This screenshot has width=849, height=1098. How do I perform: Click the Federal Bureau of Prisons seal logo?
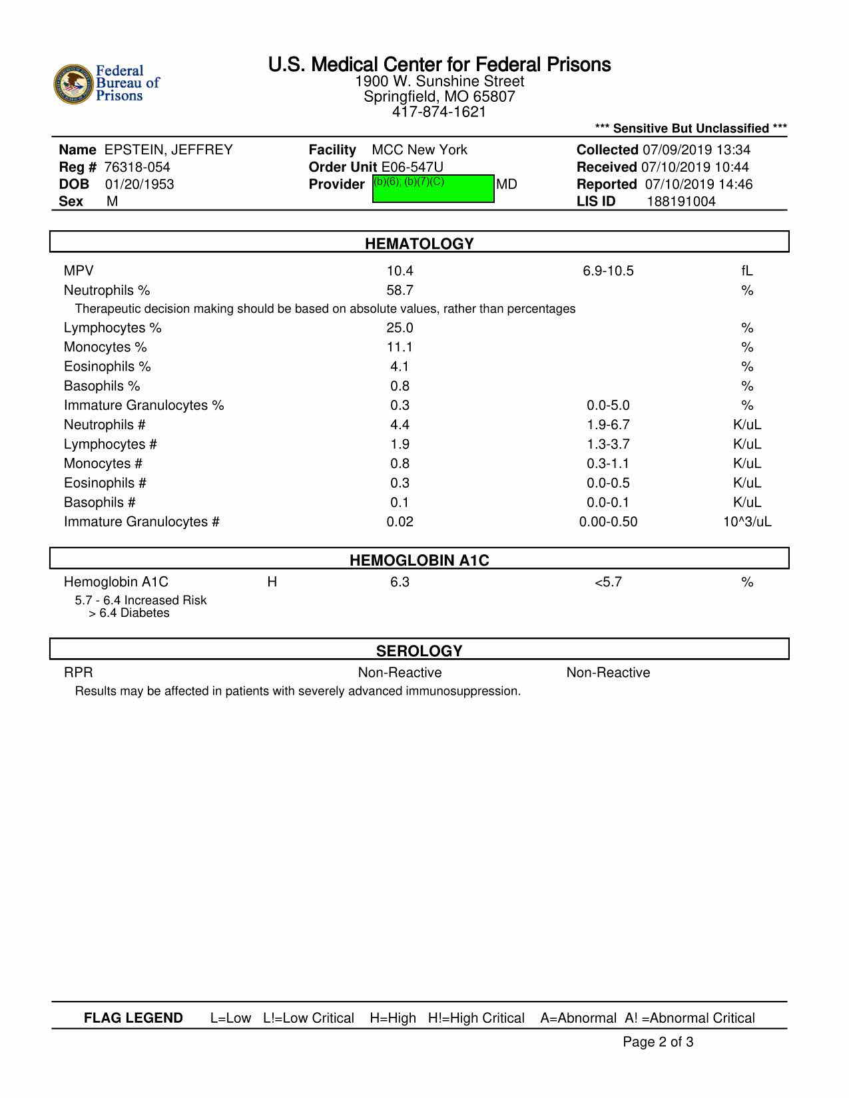[x=73, y=85]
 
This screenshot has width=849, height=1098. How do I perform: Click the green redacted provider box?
[x=433, y=188]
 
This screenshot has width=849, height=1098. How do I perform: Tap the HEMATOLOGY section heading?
[x=419, y=244]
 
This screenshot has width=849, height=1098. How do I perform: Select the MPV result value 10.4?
[x=400, y=271]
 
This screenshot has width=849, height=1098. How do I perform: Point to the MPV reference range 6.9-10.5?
[x=608, y=271]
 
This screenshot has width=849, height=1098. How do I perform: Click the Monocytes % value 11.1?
[x=400, y=347]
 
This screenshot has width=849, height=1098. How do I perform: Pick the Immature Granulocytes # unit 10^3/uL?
[x=747, y=522]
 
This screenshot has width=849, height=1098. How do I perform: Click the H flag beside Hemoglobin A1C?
[x=272, y=582]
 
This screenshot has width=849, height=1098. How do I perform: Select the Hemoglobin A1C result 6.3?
[x=400, y=582]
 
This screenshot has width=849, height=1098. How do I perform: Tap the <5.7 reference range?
[x=608, y=582]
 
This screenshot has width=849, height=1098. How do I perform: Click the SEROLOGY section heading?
[x=419, y=651]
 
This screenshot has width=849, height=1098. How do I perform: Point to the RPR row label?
[x=78, y=673]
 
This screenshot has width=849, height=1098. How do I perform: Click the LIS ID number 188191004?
[x=681, y=202]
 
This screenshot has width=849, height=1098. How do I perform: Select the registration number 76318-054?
[x=137, y=167]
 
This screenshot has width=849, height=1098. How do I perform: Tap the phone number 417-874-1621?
[x=439, y=112]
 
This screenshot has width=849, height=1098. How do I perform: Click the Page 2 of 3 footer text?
[x=658, y=1042]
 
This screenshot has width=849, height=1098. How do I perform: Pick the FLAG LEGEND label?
[x=133, y=1018]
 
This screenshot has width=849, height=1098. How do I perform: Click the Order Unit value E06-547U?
[x=412, y=167]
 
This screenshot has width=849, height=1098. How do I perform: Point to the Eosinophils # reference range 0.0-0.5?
[x=608, y=483]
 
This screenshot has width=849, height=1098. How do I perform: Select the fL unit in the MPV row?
[x=747, y=271]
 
